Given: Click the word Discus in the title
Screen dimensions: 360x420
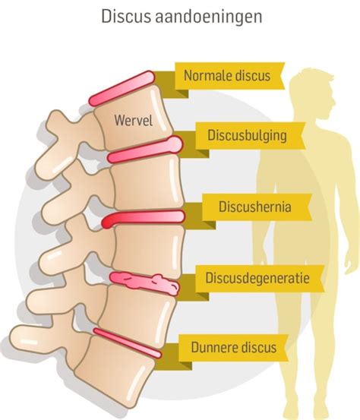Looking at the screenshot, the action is pyautogui.click(x=125, y=17).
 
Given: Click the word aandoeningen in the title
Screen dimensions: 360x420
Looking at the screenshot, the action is pyautogui.click(x=208, y=17).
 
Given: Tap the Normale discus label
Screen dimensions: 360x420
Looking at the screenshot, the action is pyautogui.click(x=227, y=75).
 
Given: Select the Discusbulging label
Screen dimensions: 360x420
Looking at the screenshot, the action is pyautogui.click(x=247, y=135).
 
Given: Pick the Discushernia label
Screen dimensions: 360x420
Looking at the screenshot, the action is pyautogui.click(x=254, y=207).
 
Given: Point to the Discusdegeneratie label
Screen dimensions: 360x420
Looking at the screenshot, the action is pyautogui.click(x=257, y=278).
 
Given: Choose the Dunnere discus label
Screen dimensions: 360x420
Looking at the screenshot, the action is pyautogui.click(x=234, y=347).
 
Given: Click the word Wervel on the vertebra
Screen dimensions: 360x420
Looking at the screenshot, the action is pyautogui.click(x=134, y=120).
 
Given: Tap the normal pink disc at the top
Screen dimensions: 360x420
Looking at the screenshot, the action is pyautogui.click(x=122, y=88).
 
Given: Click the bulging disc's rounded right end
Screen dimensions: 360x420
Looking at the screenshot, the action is pyautogui.click(x=175, y=144).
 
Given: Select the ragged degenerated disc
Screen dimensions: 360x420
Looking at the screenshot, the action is pyautogui.click(x=144, y=283).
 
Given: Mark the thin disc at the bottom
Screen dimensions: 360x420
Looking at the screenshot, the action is pyautogui.click(x=128, y=343).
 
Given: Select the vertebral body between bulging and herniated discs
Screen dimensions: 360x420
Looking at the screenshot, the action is pyautogui.click(x=147, y=184).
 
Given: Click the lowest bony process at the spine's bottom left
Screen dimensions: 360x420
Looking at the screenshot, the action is pyautogui.click(x=40, y=342).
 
